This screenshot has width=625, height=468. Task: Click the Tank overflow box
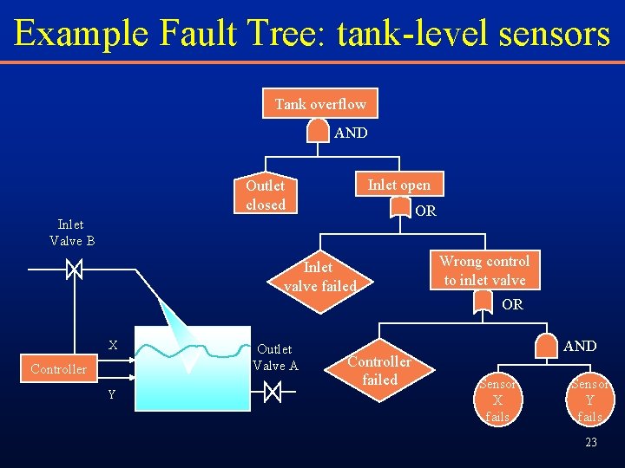320,104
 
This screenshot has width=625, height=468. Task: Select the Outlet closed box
266,195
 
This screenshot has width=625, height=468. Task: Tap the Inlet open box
398,184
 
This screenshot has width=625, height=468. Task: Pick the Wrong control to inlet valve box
484,270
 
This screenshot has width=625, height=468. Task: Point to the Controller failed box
379,371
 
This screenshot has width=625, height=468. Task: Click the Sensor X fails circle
497,400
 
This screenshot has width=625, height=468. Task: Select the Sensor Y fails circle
589,400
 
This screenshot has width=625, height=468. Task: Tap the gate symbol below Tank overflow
320,131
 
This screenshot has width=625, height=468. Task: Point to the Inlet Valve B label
72,232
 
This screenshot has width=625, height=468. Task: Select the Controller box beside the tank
58,369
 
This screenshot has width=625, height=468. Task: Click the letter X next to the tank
113,345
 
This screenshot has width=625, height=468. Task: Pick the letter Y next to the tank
112,395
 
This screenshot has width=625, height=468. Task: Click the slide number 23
590,442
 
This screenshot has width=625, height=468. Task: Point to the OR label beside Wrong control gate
512,305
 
